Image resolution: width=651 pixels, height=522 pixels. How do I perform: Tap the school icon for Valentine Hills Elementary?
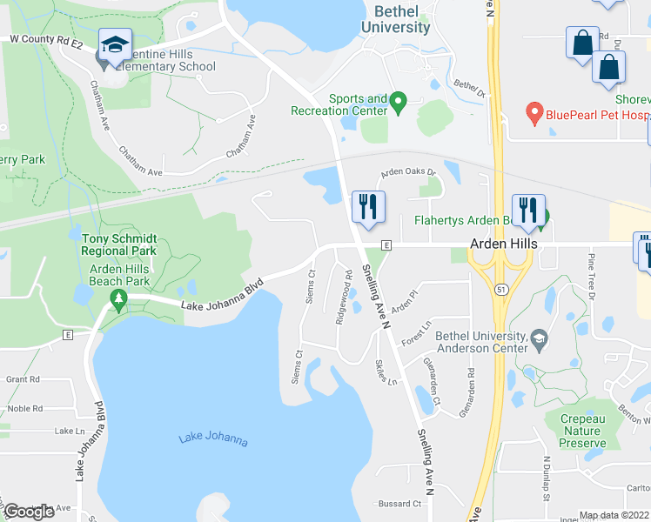[114, 46]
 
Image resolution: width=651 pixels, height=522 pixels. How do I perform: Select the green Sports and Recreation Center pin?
[399, 103]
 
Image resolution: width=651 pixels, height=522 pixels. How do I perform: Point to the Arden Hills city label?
[502, 244]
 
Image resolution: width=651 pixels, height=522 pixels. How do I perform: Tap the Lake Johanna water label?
[213, 439]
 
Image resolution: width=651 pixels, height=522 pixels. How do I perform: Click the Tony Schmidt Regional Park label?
[119, 244]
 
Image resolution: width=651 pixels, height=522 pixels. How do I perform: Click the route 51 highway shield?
[501, 288]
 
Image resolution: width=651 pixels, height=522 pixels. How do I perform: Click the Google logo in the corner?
[29, 512]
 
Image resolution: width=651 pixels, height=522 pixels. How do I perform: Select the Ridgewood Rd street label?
[344, 298]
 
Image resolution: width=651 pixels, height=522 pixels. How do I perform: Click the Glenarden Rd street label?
[471, 384]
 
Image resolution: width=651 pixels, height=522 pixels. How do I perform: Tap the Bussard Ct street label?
[400, 504]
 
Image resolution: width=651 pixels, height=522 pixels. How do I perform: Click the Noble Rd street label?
[24, 408]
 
